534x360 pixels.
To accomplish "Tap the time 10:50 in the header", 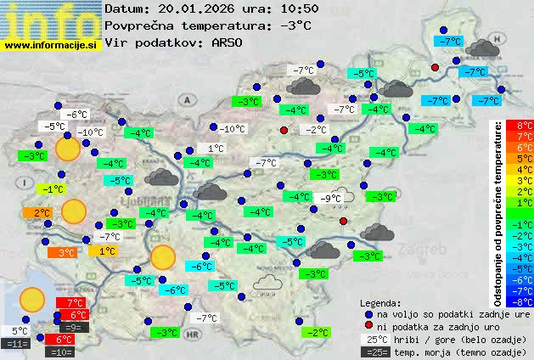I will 300,9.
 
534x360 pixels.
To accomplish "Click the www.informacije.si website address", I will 51,44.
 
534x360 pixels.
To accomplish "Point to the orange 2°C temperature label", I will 42,212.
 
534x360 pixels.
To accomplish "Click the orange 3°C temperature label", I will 66,252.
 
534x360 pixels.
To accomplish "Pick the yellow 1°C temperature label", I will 103,251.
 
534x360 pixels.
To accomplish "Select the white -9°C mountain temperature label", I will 331,199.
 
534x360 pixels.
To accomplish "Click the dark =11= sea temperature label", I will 16,344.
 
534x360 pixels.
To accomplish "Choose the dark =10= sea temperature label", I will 61,351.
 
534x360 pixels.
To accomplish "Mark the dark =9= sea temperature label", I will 72,327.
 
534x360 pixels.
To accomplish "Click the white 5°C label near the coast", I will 19,331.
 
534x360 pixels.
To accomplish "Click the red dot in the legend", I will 369,326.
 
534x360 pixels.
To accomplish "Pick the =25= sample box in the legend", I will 374,352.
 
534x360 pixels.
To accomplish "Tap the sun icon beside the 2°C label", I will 75,211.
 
